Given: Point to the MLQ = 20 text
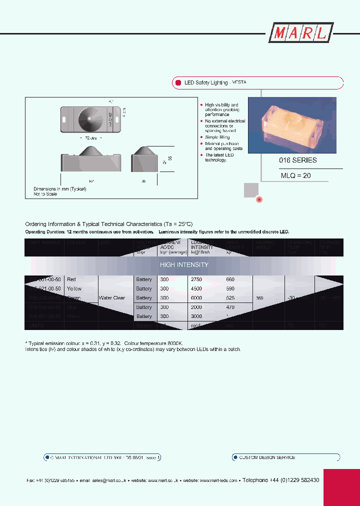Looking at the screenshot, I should (295, 175).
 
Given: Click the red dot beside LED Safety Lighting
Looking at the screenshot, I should (177, 82).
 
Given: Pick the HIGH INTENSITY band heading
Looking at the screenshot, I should (184, 264).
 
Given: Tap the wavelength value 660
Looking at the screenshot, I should (230, 279).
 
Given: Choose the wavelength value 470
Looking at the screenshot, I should (230, 307).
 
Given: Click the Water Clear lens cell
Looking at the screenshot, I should (111, 298).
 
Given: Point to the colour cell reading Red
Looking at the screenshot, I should (71, 279).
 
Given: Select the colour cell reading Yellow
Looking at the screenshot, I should (73, 289).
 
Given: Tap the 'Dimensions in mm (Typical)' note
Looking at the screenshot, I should (60, 189).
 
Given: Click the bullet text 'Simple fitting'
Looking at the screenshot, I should (218, 137).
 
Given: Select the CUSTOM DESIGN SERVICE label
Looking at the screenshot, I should (267, 457).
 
